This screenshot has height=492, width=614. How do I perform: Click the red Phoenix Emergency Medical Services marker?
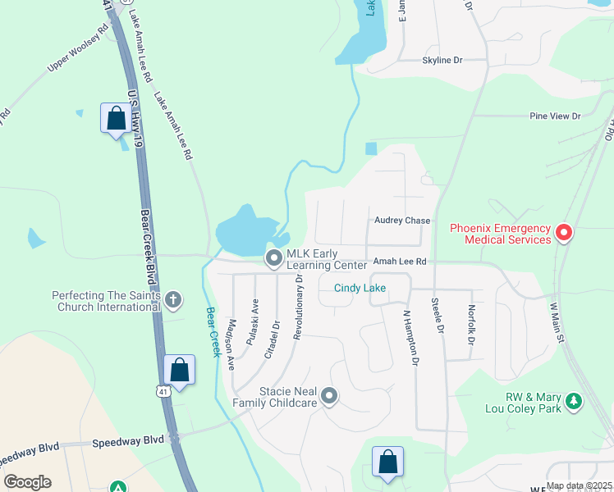[x=564, y=234]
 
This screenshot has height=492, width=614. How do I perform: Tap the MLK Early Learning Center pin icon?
[x=273, y=259]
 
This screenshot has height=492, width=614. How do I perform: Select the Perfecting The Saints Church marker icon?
[x=172, y=299]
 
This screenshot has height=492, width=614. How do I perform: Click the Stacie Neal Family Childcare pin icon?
[x=329, y=397]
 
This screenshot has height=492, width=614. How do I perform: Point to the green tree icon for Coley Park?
[x=575, y=401]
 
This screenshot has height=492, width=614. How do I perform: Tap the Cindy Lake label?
[x=360, y=288]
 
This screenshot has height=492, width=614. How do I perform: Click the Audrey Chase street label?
[x=402, y=221]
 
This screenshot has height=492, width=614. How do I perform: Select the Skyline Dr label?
[x=442, y=61]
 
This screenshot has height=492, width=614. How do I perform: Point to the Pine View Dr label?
[x=555, y=116]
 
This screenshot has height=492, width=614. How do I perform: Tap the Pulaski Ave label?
[x=254, y=316]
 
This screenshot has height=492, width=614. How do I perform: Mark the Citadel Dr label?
[x=273, y=338]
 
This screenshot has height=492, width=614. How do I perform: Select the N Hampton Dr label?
[x=410, y=336]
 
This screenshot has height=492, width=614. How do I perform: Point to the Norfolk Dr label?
[x=471, y=324]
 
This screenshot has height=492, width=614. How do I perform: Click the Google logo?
[x=27, y=482]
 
